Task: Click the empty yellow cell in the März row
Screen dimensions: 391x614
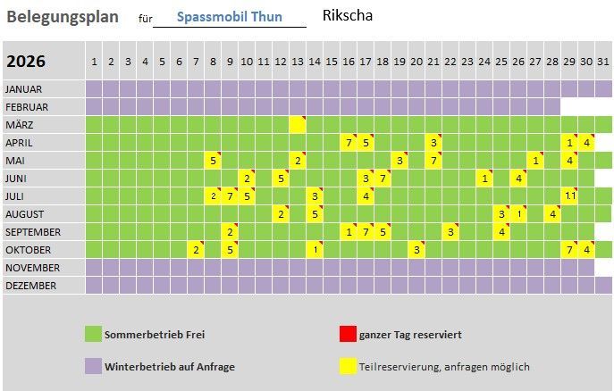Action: (298, 125)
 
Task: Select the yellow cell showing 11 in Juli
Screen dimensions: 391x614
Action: (569, 196)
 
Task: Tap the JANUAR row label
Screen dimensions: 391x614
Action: (29, 89)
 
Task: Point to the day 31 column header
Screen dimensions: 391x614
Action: (603, 62)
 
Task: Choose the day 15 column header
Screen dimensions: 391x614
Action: (332, 62)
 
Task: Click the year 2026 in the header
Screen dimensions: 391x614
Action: (26, 62)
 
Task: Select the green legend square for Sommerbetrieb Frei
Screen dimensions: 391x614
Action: (93, 335)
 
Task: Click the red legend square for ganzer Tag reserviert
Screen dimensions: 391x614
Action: (348, 335)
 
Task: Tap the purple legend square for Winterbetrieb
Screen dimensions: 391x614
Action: (93, 366)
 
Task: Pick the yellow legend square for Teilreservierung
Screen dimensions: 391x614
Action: (348, 366)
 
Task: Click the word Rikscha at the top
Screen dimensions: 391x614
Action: (348, 15)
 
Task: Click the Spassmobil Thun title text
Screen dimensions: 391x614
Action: (230, 17)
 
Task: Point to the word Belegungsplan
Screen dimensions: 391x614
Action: (63, 16)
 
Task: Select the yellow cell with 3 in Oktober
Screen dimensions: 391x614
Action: (416, 250)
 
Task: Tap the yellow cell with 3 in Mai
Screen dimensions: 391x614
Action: (400, 161)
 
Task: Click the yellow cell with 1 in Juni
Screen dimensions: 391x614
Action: (484, 179)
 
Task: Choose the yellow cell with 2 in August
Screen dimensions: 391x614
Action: (281, 214)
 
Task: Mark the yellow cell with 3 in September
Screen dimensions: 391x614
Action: (450, 232)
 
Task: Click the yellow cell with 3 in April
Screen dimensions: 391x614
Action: (433, 143)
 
